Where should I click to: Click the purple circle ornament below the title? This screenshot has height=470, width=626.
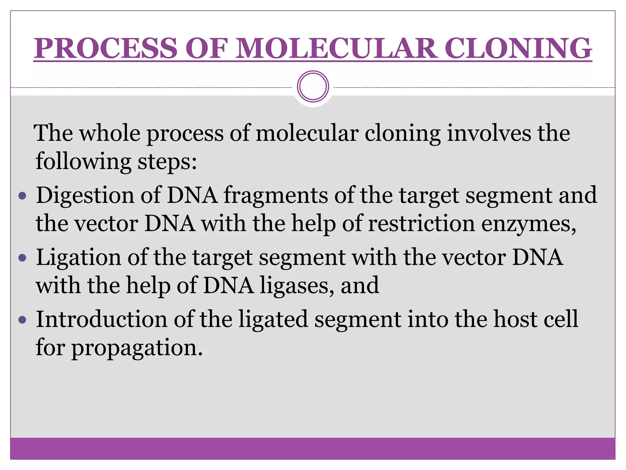[313, 87]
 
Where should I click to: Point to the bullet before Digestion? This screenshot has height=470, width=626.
[23, 196]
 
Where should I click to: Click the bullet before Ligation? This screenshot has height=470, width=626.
[23, 258]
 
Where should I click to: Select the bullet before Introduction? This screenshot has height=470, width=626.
[23, 320]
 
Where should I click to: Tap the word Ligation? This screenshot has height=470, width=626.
[78, 258]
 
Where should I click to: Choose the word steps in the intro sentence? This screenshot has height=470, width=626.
[167, 162]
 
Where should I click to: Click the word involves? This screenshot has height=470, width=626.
[489, 133]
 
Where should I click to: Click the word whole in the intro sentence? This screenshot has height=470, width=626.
[110, 133]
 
